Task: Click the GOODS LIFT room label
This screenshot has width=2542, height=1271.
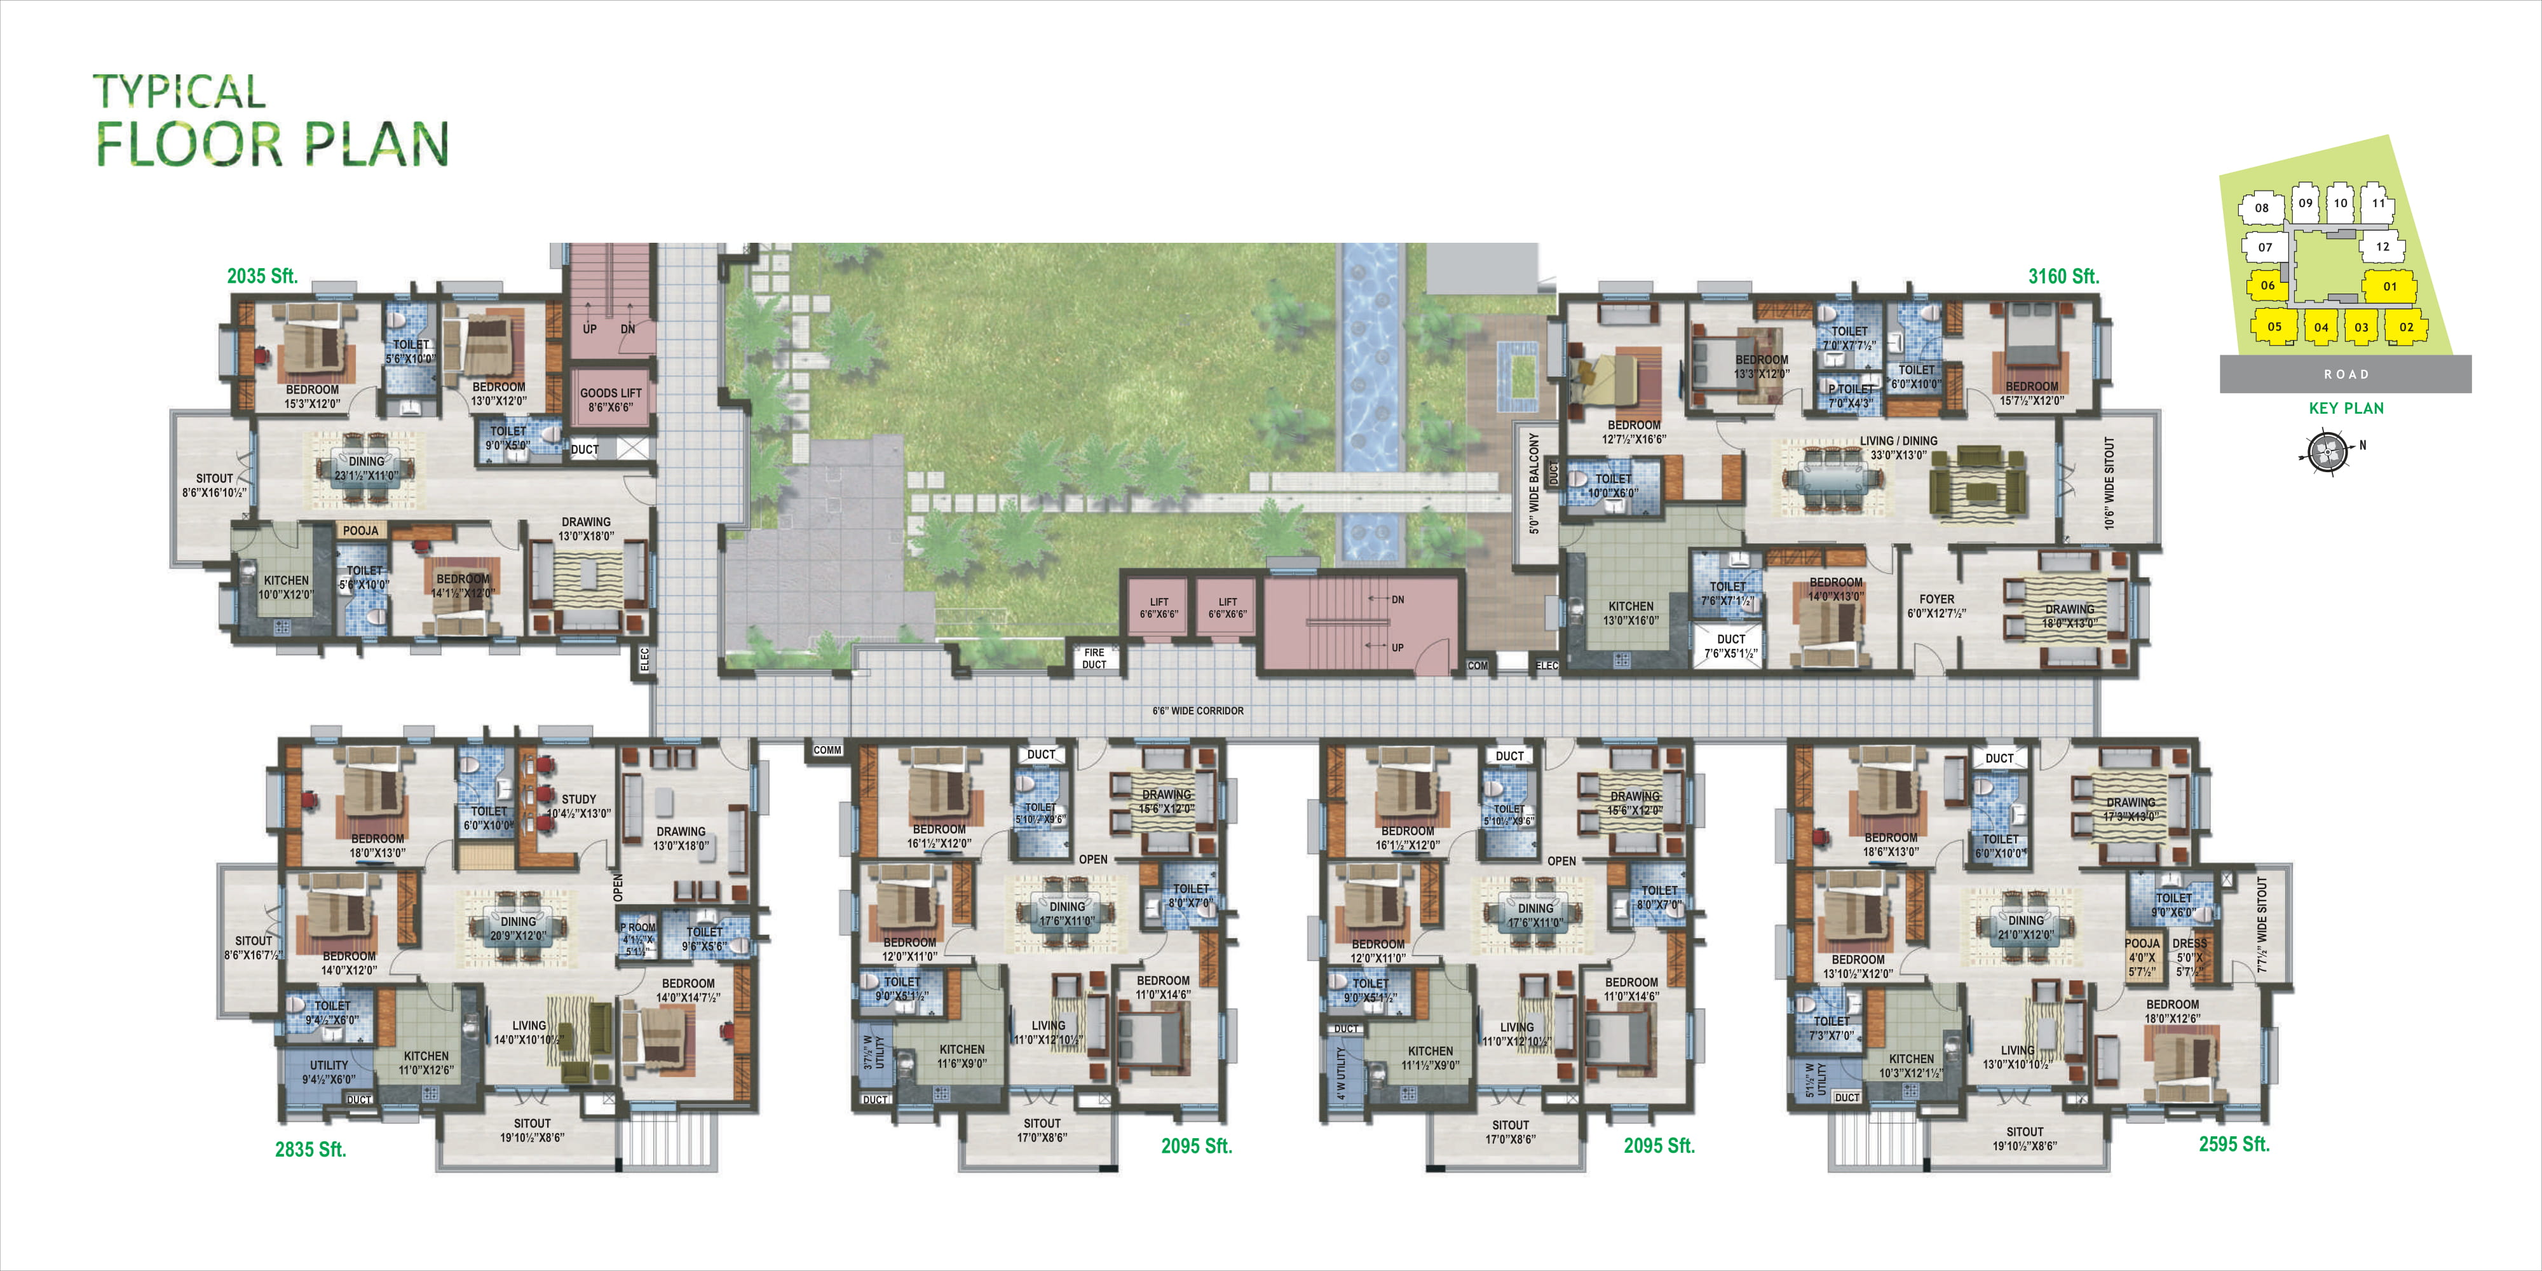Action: [x=610, y=398]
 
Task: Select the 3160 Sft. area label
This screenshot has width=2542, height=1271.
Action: [x=2063, y=276]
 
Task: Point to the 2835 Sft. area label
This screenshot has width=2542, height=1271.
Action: [x=310, y=1148]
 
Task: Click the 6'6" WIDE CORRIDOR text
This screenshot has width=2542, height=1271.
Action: [x=1197, y=710]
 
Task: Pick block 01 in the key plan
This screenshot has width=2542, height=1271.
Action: [x=2389, y=286]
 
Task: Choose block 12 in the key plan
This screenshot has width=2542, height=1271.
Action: [x=2382, y=247]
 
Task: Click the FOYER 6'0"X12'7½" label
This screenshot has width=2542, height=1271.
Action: [x=1936, y=606]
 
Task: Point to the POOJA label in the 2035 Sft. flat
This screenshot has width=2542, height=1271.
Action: [x=360, y=531]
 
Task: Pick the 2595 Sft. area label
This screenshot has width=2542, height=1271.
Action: [x=2233, y=1144]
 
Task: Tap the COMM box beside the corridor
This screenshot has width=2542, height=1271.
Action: [x=827, y=750]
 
